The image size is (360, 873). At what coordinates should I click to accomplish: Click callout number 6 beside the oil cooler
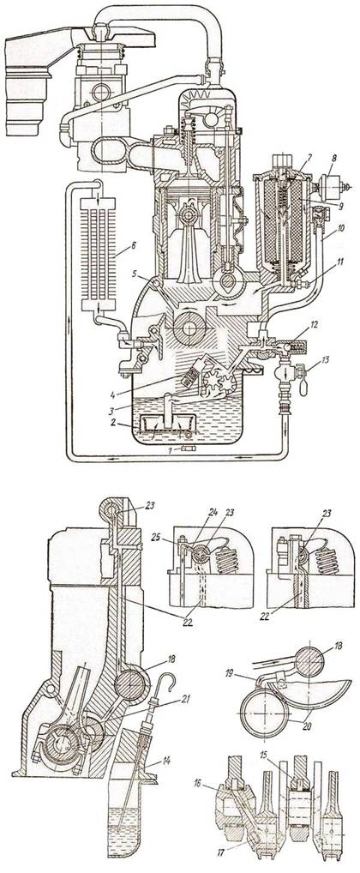(132, 244)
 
